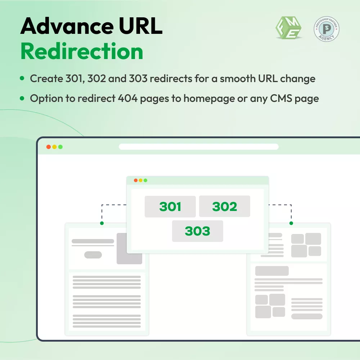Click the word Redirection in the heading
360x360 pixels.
coord(82,51)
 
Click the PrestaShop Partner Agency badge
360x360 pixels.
coord(326,28)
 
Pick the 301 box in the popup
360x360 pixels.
coord(170,207)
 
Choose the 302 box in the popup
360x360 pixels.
coord(225,207)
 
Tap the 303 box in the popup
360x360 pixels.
coord(197,231)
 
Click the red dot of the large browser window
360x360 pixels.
coord(49,147)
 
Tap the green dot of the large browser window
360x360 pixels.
coord(60,147)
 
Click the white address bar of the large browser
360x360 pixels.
coord(199,147)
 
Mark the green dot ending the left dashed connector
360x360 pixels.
coord(102,223)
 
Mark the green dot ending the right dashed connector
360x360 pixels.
coord(291,223)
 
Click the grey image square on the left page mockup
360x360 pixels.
coord(129,248)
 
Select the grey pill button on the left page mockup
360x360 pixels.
coord(93,255)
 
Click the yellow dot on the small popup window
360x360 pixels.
coord(140,180)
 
